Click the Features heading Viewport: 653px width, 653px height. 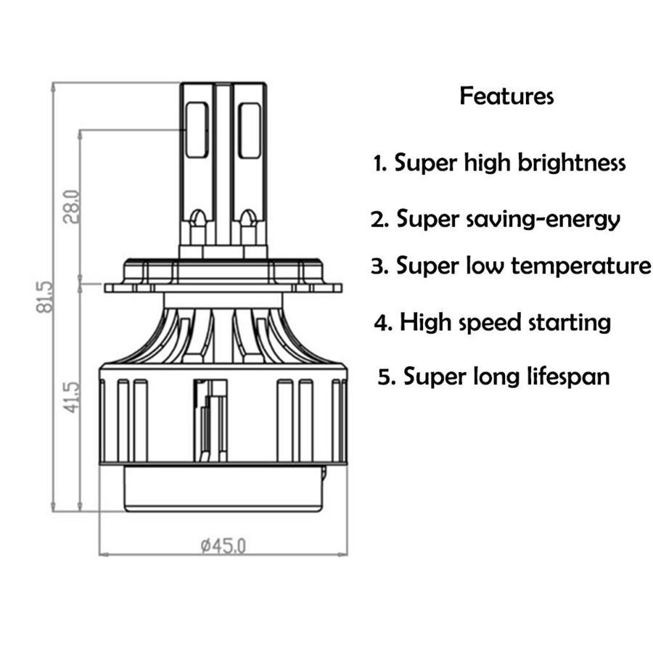(506, 96)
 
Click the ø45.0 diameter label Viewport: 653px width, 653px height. (223, 545)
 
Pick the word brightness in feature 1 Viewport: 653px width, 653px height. (572, 163)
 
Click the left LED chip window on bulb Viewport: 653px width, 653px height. (197, 130)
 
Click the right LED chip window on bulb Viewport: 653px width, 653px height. (250, 130)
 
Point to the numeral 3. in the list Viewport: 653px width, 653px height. (380, 266)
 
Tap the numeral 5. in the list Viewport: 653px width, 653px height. (387, 377)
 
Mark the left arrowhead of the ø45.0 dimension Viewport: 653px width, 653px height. (102, 555)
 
